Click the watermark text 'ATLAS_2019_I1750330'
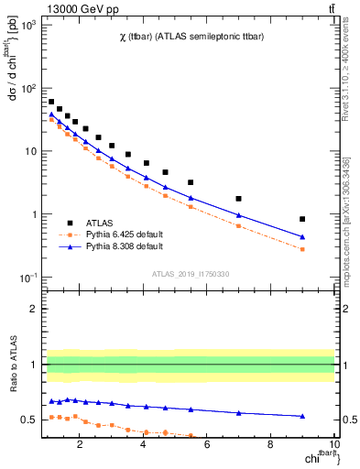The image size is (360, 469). [190, 274]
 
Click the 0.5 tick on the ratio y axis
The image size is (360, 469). [28, 420]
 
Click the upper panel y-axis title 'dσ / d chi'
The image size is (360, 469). [12, 69]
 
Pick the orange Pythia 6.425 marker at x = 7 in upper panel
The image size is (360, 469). [239, 225]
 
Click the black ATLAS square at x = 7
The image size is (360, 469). [239, 199]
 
